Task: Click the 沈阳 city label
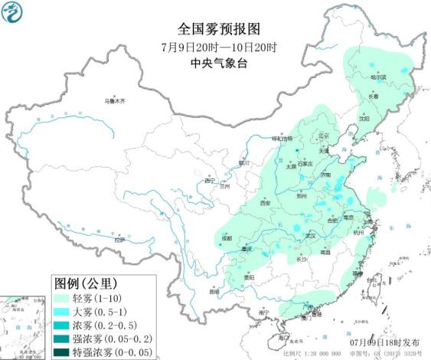[x=363, y=119]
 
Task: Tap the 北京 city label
[x=322, y=136]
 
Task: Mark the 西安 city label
[x=264, y=203]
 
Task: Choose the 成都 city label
[x=226, y=238]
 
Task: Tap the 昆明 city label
[x=214, y=290]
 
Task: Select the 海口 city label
[x=283, y=338]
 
